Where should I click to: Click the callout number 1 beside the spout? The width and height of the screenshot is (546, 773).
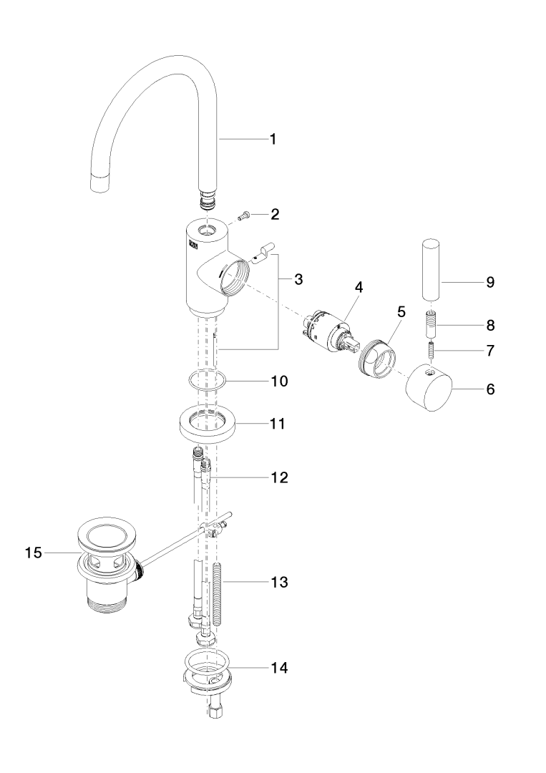click(x=272, y=139)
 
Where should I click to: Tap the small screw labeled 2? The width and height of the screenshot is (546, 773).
click(x=243, y=214)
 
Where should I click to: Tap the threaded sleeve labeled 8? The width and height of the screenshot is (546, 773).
click(x=432, y=324)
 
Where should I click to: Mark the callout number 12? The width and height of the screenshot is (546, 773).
click(x=278, y=477)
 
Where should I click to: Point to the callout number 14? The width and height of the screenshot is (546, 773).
click(x=278, y=668)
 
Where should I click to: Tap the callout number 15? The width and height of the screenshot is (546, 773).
click(x=34, y=552)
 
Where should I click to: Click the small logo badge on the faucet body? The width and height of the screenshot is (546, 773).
click(x=191, y=246)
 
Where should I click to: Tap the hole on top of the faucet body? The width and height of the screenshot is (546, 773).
click(x=208, y=231)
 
